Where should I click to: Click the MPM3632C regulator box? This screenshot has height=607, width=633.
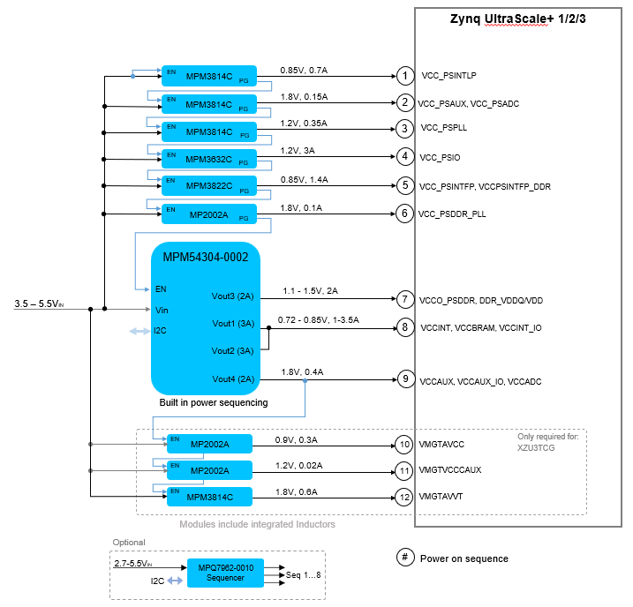pos(208,160)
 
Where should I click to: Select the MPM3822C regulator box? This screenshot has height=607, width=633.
pos(208,186)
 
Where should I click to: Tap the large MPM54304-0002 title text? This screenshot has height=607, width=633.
pos(206,258)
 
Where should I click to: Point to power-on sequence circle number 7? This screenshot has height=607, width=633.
pos(404,299)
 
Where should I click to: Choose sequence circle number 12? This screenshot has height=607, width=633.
pos(404,498)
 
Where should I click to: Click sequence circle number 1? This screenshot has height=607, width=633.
pos(404,76)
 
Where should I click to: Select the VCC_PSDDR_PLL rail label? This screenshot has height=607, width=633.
pos(452,214)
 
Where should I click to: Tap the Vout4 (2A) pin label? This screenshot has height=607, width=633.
pos(233,378)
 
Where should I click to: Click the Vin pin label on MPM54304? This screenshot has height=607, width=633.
pos(161,310)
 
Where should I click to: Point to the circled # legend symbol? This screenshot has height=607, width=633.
pos(404,558)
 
